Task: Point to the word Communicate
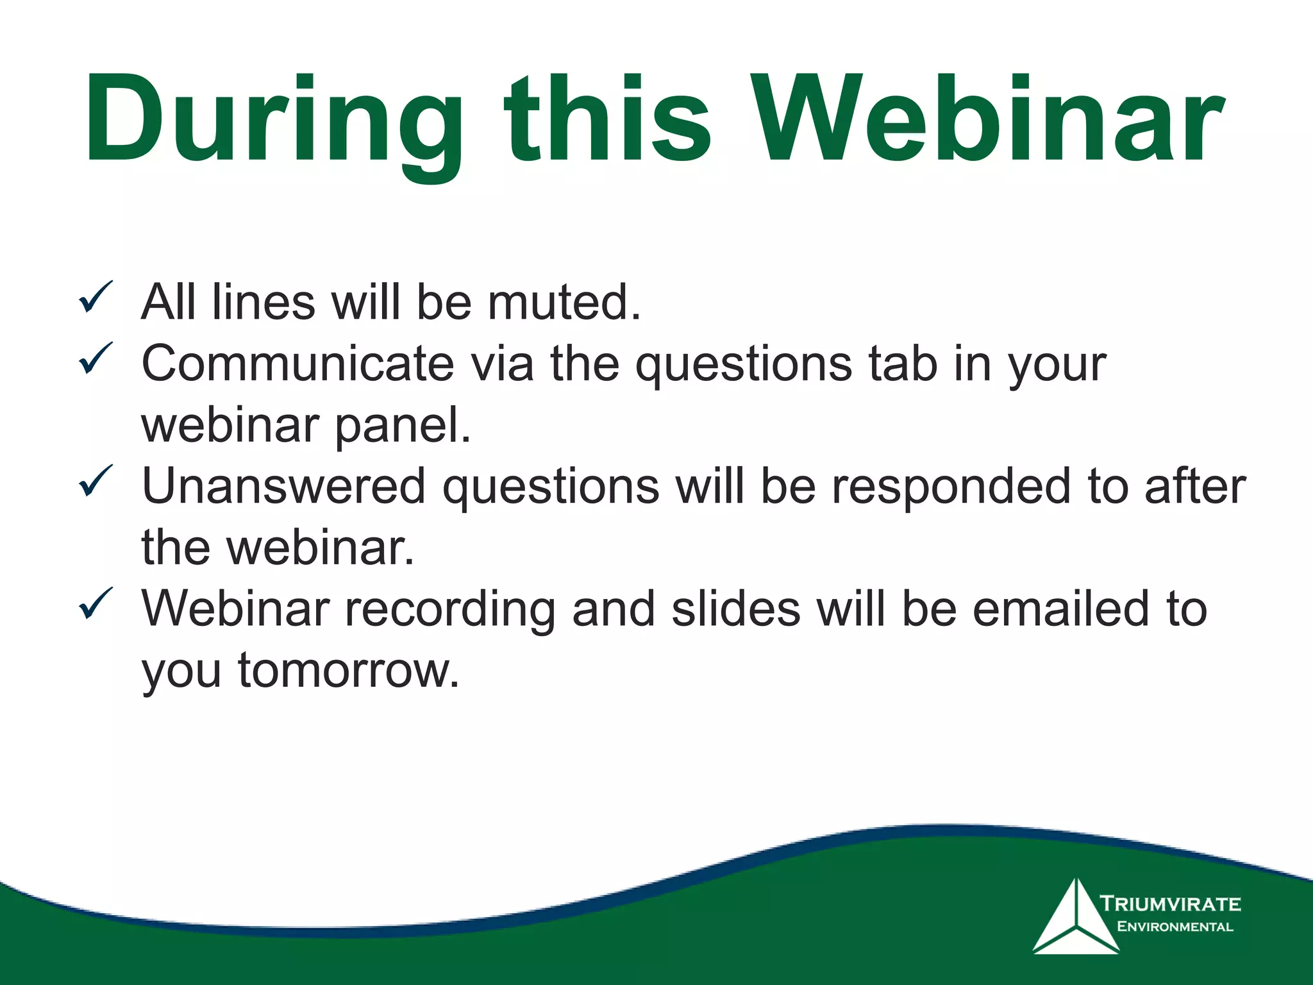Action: [x=297, y=364]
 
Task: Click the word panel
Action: [x=403, y=425]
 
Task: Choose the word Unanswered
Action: [x=283, y=486]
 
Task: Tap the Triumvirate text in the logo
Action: [x=1171, y=904]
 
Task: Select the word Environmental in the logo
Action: [x=1175, y=927]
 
